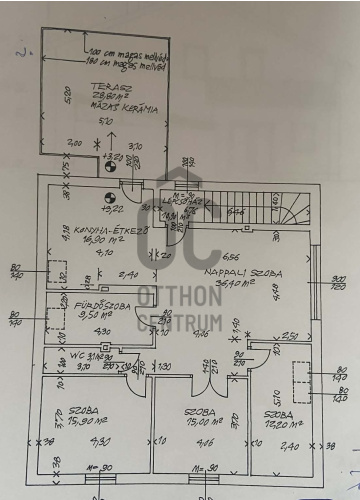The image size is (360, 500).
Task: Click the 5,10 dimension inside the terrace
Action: tap(108, 121)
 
